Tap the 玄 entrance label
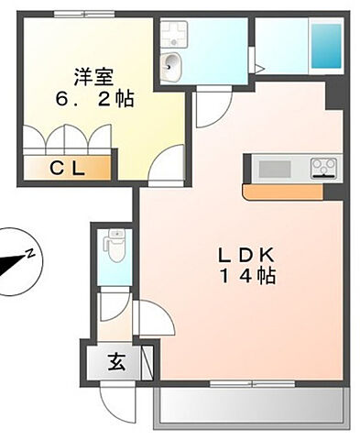[x=118, y=360]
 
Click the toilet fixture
[x=115, y=243]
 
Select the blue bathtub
[x=324, y=44]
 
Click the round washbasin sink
[x=171, y=63]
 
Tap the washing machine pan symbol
[x=174, y=33]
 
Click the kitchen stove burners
[x=323, y=168]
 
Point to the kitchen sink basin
[x=273, y=169]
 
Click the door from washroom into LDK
[x=208, y=109]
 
